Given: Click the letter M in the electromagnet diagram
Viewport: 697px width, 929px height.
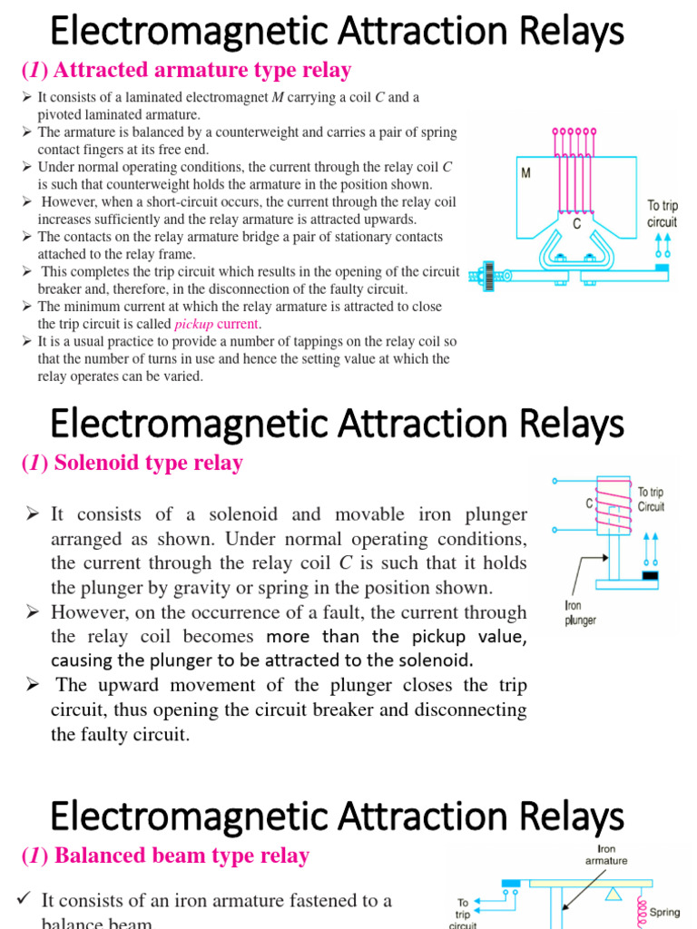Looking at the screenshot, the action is [526, 172].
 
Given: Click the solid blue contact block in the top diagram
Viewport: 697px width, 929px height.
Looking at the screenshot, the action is [662, 268].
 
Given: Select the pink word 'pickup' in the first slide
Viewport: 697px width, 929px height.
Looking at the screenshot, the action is [193, 324].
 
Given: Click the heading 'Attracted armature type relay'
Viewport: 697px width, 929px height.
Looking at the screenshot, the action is [185, 70].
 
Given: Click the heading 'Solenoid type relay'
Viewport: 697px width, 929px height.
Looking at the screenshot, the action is [132, 463].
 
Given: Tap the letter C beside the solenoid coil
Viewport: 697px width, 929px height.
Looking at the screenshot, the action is [590, 502].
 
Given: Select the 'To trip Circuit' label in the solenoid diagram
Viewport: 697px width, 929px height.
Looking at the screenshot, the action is [651, 500].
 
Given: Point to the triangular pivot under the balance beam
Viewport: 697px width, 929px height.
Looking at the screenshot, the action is [615, 895].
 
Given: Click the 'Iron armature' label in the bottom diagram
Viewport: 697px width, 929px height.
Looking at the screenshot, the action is [606, 854].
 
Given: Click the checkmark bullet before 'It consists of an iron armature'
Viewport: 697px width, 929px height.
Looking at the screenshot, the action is [25, 898].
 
